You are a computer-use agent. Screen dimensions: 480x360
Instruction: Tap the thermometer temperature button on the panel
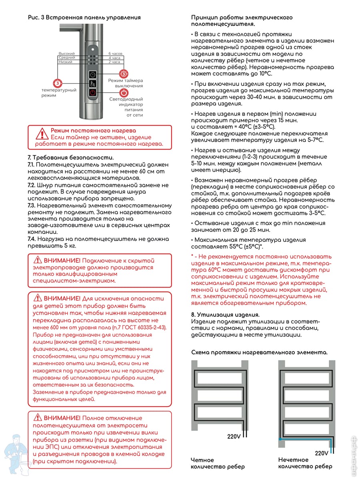click(x=92, y=84)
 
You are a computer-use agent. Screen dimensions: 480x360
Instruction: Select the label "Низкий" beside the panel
click(x=65, y=62)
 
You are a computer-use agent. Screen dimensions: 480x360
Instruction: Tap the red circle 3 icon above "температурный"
click(x=58, y=83)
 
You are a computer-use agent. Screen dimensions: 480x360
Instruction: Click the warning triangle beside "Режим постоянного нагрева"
click(x=41, y=133)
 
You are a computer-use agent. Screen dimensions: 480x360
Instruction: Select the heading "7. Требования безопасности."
click(x=71, y=157)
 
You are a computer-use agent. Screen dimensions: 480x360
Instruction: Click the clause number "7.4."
click(x=32, y=239)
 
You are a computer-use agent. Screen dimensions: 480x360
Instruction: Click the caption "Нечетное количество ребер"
click(x=305, y=463)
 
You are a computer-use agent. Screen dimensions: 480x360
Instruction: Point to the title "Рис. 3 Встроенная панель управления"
click(x=84, y=18)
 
